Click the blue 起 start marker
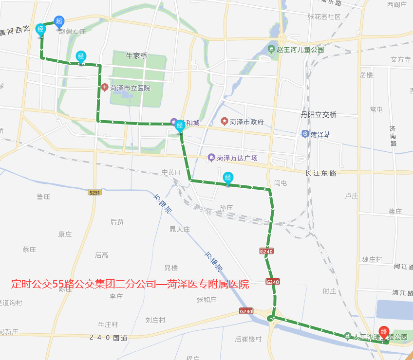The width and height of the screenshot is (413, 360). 59,21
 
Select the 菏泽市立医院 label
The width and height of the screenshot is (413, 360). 130,88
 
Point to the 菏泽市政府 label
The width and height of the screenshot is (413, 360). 247,122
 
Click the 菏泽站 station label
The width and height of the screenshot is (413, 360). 320,134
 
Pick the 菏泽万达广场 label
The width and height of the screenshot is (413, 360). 237,158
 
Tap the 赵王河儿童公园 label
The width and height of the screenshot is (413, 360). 300,49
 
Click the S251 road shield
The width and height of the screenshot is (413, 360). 94,193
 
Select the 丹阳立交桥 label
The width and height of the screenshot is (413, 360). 319,115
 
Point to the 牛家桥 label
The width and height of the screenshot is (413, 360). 136,56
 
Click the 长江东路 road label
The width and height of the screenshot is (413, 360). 320,173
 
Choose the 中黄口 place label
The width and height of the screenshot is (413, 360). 171,172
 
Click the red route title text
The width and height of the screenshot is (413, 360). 130,284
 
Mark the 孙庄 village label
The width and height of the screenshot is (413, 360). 226,208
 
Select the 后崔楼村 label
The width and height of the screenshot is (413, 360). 248,339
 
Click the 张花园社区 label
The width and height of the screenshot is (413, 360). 324,17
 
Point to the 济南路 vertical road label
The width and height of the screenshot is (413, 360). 393,136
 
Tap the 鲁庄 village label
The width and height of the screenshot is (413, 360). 44,197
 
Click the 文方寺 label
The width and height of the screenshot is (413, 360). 400,59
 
